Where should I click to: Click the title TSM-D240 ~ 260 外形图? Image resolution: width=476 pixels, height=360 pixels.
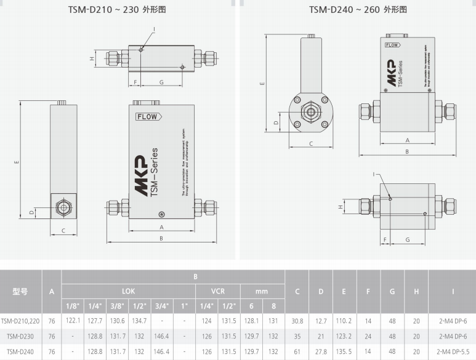358,10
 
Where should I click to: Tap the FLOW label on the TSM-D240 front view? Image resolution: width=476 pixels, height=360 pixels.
392,45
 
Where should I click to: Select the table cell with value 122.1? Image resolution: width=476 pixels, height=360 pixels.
73,321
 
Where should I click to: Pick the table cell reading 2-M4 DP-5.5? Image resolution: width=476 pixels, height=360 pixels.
451,352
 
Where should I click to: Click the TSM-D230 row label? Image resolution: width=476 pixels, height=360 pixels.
20,337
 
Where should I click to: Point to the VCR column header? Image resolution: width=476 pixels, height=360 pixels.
218,290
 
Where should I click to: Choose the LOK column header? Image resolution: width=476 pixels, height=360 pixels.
128,290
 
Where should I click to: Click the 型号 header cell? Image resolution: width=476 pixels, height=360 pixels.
20,291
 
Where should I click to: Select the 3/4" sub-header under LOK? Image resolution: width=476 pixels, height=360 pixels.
161,306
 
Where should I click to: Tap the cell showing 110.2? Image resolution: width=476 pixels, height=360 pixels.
344,321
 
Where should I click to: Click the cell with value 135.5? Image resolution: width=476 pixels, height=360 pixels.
344,352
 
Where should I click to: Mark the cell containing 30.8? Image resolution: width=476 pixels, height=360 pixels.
297,321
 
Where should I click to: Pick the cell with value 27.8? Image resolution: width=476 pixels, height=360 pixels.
320,352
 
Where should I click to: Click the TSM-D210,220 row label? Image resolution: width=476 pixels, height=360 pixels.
20,321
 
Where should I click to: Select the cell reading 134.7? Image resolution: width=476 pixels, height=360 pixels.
139,321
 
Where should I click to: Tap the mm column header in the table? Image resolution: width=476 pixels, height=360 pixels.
262,290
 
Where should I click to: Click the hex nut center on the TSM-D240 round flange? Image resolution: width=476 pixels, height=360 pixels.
311,114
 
